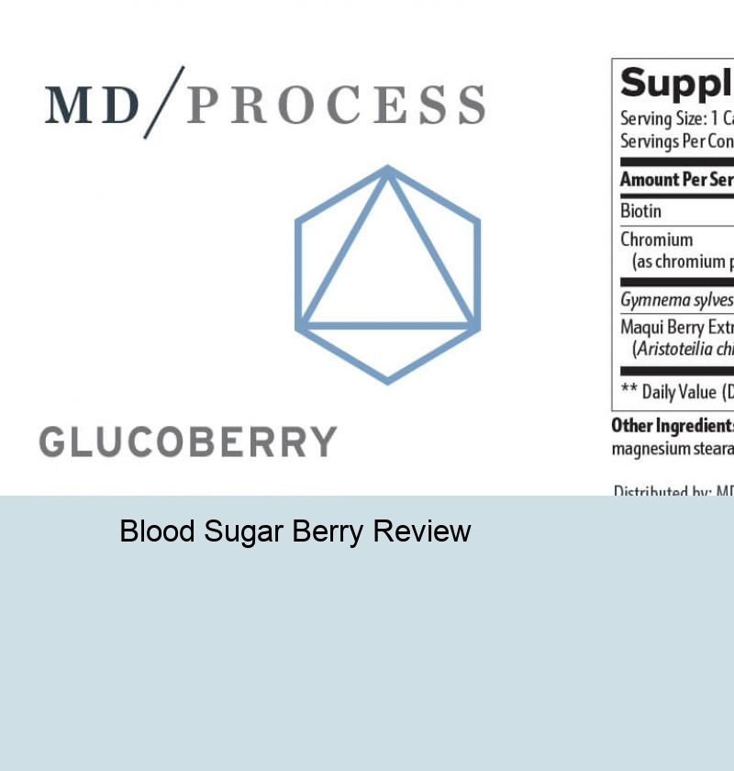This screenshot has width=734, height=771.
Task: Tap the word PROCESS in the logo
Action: (x=336, y=105)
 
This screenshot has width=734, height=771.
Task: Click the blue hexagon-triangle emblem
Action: (x=387, y=274)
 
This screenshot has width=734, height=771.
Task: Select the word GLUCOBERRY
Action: (x=188, y=442)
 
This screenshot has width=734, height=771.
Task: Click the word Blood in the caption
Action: (x=154, y=531)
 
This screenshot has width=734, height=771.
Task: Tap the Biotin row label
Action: (x=640, y=211)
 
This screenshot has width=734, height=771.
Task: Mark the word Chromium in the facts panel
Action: (x=656, y=240)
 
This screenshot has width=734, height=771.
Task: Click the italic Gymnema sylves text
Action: (x=677, y=300)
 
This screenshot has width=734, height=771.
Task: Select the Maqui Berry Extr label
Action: (x=677, y=328)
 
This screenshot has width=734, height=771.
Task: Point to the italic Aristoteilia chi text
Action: (x=683, y=350)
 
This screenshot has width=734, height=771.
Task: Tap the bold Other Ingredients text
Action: (x=673, y=426)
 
